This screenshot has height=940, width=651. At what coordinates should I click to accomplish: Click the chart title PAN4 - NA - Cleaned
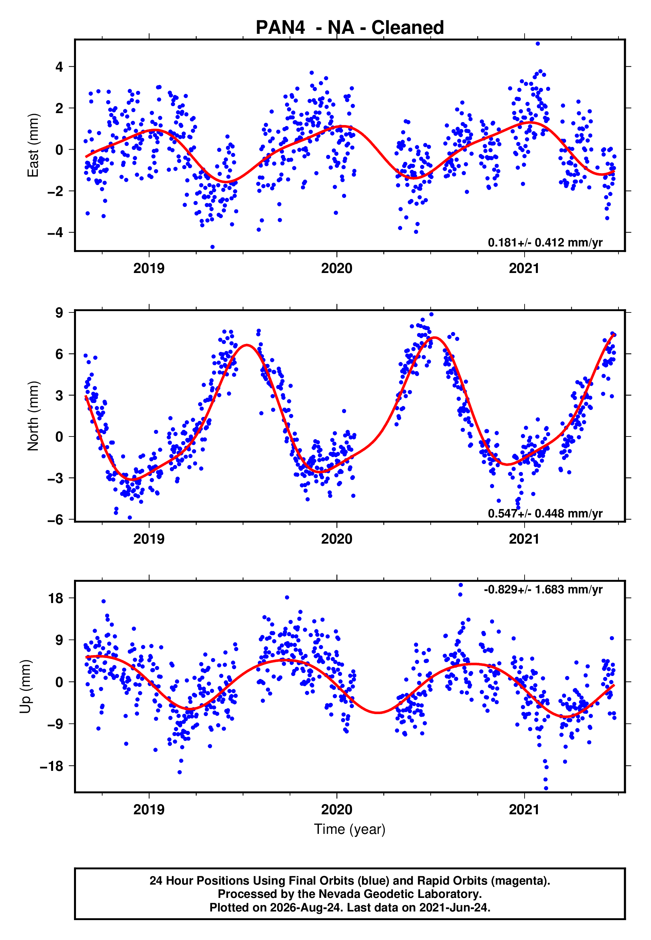(350, 28)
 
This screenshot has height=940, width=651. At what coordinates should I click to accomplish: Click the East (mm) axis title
(33, 146)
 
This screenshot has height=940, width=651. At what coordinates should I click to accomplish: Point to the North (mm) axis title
(33, 416)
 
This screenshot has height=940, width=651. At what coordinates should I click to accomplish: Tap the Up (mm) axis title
(25, 687)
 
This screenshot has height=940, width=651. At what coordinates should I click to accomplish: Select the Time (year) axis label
(350, 830)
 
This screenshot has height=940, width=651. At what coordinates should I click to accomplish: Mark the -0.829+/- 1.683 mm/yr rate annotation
(543, 589)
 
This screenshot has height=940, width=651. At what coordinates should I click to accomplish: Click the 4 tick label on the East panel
(59, 66)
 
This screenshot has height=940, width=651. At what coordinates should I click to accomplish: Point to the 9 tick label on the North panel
(59, 313)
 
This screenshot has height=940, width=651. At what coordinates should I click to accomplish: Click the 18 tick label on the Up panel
(56, 598)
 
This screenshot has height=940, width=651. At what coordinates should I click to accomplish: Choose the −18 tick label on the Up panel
(52, 766)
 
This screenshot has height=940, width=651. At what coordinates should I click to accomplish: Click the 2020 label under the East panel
(336, 268)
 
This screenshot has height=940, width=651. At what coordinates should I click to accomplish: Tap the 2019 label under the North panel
(149, 539)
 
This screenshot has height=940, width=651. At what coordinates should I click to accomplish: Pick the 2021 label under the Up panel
(524, 810)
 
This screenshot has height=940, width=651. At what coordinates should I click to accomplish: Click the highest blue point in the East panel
(538, 43)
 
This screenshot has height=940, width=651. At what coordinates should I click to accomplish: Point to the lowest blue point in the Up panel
(546, 788)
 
